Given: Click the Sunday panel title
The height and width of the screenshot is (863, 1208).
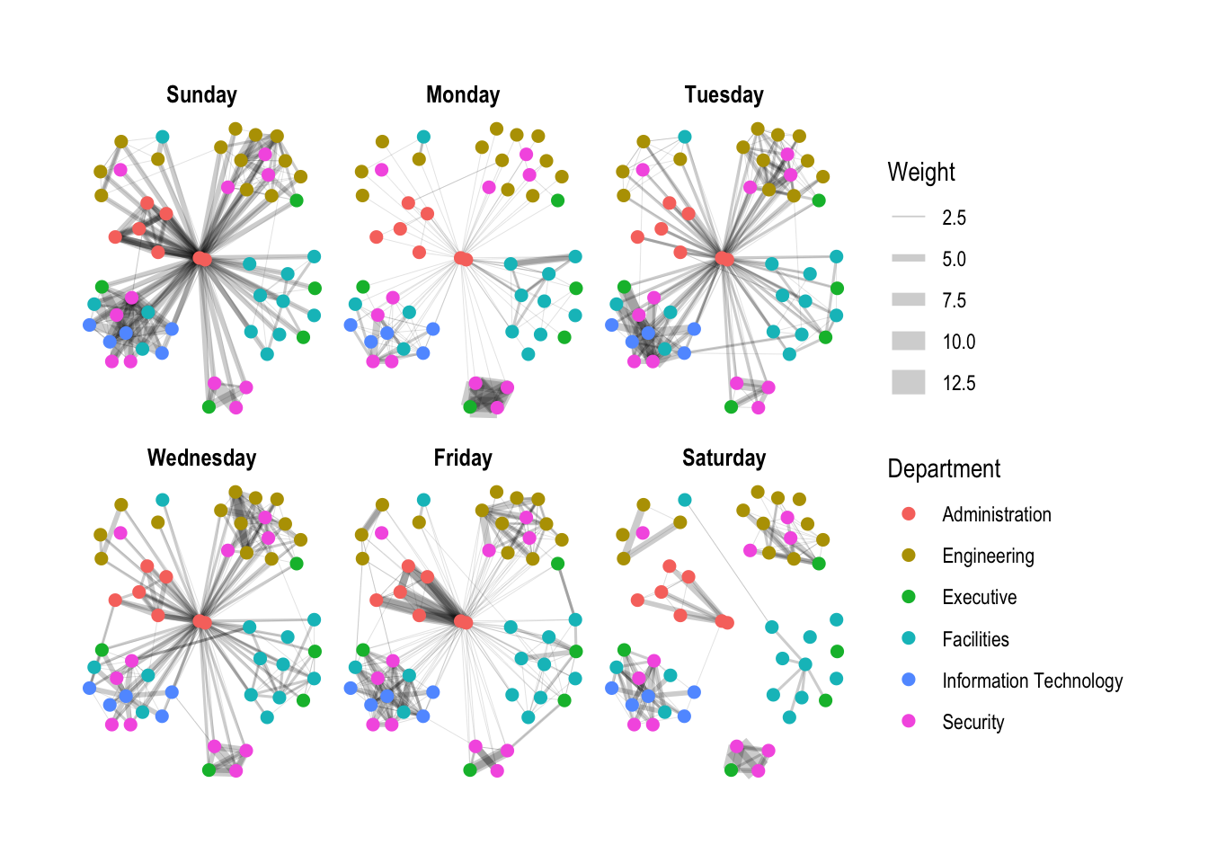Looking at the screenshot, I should (x=201, y=95).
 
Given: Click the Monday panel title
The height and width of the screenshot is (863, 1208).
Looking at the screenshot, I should (x=463, y=95).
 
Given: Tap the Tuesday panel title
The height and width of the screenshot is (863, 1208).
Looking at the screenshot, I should (x=724, y=95).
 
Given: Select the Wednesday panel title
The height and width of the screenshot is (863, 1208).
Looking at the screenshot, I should (x=201, y=458).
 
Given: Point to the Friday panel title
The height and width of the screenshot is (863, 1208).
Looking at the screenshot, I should (x=463, y=458).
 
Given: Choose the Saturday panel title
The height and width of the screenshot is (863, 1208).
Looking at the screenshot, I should (x=724, y=458).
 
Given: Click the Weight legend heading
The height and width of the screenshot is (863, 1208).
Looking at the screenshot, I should (x=921, y=173).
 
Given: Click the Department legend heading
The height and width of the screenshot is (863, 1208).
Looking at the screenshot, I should (x=944, y=469).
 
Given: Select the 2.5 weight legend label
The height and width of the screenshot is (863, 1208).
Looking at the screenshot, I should (x=954, y=218).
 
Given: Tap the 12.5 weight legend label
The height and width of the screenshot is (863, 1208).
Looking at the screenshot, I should (x=958, y=384).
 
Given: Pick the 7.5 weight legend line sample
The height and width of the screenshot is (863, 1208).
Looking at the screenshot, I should (x=909, y=300).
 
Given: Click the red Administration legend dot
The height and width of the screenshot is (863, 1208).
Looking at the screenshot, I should (x=909, y=514).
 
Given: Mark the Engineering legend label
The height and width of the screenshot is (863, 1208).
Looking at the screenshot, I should (x=988, y=556).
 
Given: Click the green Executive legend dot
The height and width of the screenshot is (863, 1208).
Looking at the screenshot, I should (x=909, y=597).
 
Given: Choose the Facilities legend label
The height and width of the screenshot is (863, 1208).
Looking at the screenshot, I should (x=975, y=640).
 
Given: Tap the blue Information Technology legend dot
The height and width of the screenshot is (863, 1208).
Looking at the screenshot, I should (x=909, y=681).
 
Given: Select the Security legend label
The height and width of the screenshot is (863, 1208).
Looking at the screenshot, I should (x=973, y=723).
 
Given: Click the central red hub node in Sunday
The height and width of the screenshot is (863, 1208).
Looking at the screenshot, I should (x=202, y=259).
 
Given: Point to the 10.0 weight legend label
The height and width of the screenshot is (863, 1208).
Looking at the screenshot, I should (x=958, y=343).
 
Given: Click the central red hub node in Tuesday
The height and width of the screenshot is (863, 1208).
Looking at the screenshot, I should (x=724, y=259).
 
